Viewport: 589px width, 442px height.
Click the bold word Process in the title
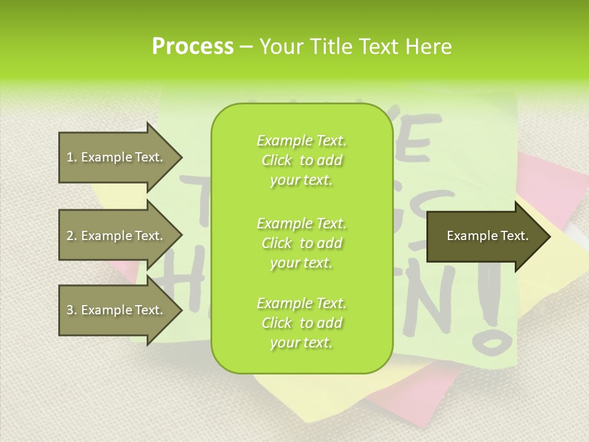pos(193,47)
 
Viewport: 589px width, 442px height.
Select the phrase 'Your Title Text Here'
pos(355,47)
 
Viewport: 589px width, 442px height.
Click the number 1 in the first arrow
pos(69,157)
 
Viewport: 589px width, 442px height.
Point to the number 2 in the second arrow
pos(69,236)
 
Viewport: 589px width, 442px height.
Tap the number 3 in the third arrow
pos(69,310)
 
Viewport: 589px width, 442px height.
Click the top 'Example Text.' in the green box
pos(301,141)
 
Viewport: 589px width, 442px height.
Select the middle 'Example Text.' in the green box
pos(301,223)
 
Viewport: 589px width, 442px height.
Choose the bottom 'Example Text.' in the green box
pos(301,303)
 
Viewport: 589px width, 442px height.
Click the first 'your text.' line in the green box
pos(301,180)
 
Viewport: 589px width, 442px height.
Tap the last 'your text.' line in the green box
pos(301,343)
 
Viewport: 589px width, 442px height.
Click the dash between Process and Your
pos(247,47)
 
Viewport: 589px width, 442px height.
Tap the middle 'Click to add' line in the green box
pos(301,243)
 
